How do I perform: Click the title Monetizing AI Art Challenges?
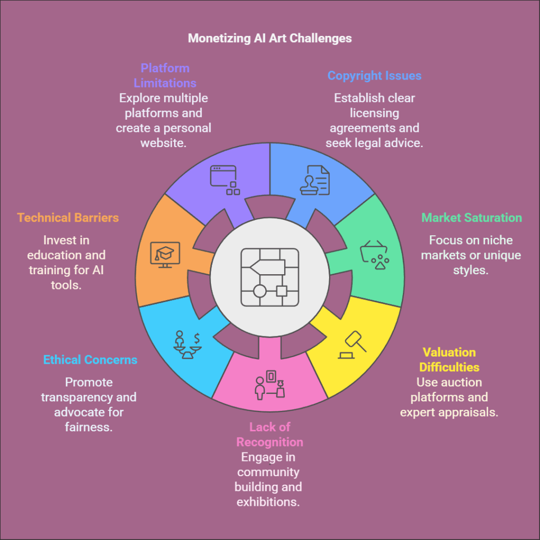269,38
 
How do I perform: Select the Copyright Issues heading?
374,75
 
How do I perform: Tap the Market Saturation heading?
471,218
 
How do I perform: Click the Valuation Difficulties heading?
449,360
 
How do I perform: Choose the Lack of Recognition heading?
269,434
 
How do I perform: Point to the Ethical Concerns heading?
90,360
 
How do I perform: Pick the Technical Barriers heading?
68,218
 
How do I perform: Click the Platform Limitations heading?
165,75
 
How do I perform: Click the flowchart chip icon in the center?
269,277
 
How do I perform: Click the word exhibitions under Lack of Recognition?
268,501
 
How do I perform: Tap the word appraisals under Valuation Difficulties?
472,412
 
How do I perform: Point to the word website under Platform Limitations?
163,142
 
